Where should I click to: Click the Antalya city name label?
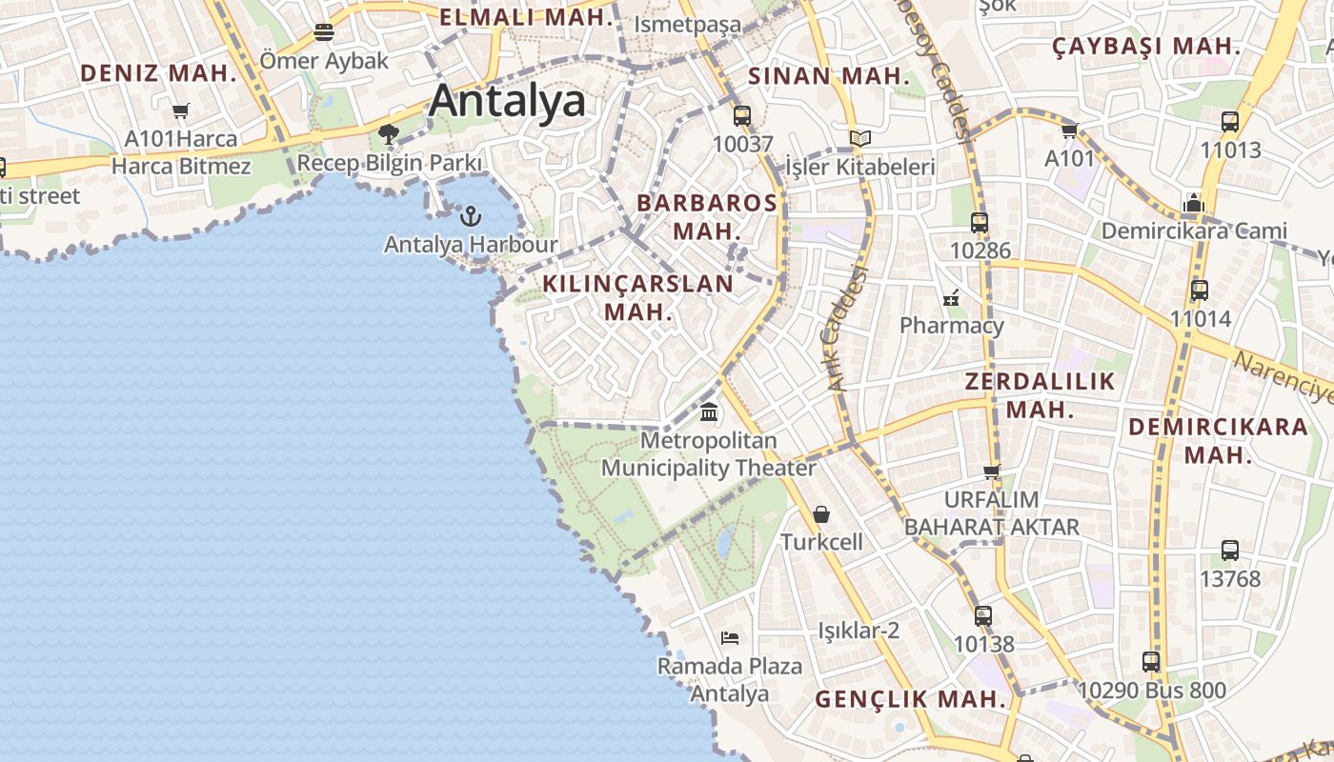pyautogui.click(x=506, y=101)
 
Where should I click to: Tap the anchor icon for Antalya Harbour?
pyautogui.click(x=470, y=216)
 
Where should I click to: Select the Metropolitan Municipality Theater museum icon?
pyautogui.click(x=709, y=412)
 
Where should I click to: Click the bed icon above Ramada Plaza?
pyautogui.click(x=730, y=637)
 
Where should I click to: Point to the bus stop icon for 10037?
pyautogui.click(x=742, y=116)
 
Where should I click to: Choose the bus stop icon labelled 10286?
pyautogui.click(x=980, y=223)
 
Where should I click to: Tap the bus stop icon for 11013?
pyautogui.click(x=1230, y=122)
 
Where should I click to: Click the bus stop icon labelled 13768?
pyautogui.click(x=1230, y=551)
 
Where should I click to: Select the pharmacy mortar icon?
pyautogui.click(x=951, y=298)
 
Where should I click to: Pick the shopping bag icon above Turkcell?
pyautogui.click(x=821, y=514)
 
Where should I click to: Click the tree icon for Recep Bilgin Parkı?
pyautogui.click(x=388, y=133)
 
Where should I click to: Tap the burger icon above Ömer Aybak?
pyautogui.click(x=324, y=32)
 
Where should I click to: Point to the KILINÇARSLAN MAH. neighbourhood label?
pyautogui.click(x=638, y=297)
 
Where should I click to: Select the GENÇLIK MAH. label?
pyautogui.click(x=911, y=699)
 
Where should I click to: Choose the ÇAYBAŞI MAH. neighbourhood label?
pyautogui.click(x=1147, y=46)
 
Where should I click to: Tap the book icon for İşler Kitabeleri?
pyautogui.click(x=860, y=139)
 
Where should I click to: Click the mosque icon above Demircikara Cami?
pyautogui.click(x=1193, y=202)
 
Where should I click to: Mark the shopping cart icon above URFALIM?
pyautogui.click(x=992, y=471)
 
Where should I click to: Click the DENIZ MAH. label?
pyautogui.click(x=158, y=72)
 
